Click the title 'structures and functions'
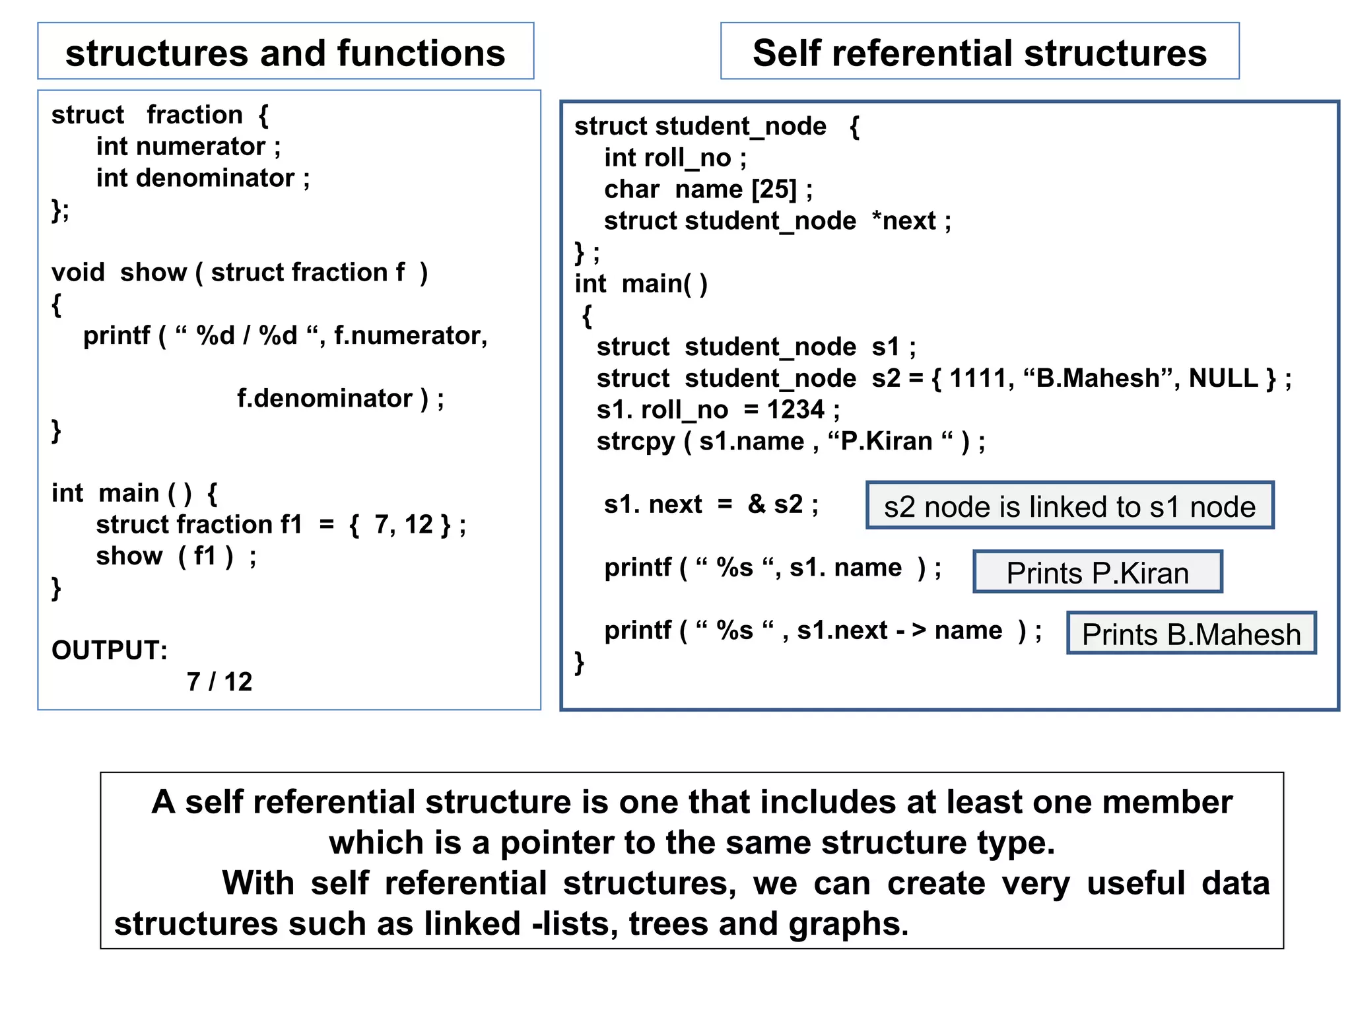(x=285, y=53)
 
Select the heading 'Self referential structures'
(x=979, y=53)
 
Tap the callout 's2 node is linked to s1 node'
(x=1069, y=506)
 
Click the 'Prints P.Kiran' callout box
(x=1097, y=572)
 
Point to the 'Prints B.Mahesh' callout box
(x=1191, y=634)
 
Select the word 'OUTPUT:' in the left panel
(x=110, y=650)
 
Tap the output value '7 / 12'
(x=219, y=681)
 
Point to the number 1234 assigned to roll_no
(x=795, y=410)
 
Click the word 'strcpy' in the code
(x=635, y=442)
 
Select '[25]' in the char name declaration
(x=774, y=189)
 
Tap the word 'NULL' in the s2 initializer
(x=1223, y=378)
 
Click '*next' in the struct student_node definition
(x=904, y=221)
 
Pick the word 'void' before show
(x=78, y=272)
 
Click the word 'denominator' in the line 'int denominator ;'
(x=215, y=178)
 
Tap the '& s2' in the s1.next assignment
(x=775, y=504)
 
